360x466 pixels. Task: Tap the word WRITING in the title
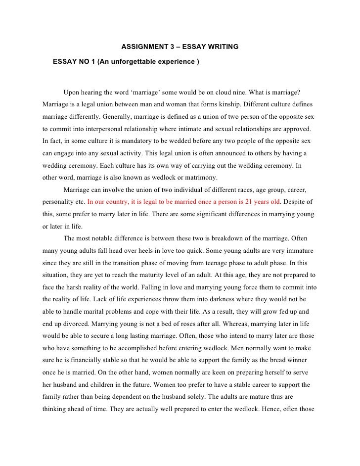pos(223,47)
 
